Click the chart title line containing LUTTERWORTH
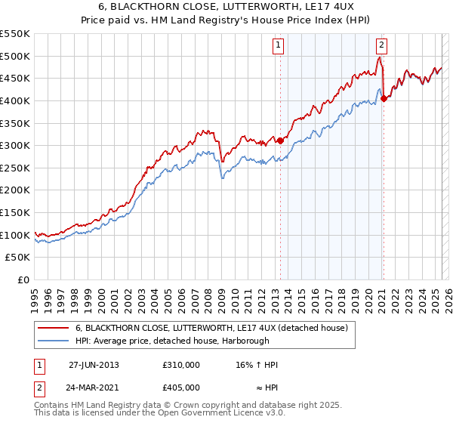[226, 8]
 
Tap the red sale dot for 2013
[280, 140]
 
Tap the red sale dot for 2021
[384, 97]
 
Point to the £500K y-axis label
[15, 56]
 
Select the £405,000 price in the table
[180, 387]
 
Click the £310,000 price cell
[180, 365]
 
